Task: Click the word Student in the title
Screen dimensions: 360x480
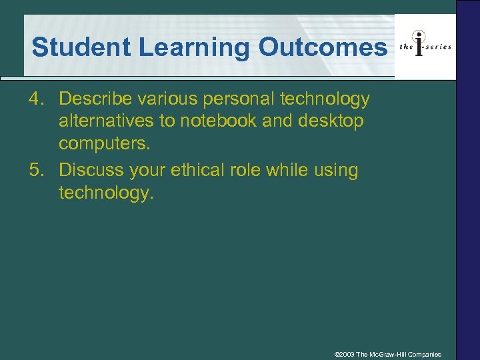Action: point(73,47)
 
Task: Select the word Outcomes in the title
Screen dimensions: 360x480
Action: point(322,47)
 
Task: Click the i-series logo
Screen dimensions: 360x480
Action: point(425,46)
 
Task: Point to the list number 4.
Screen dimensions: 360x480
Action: point(37,99)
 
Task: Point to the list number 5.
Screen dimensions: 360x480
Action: point(37,171)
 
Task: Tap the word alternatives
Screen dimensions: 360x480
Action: point(103,123)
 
